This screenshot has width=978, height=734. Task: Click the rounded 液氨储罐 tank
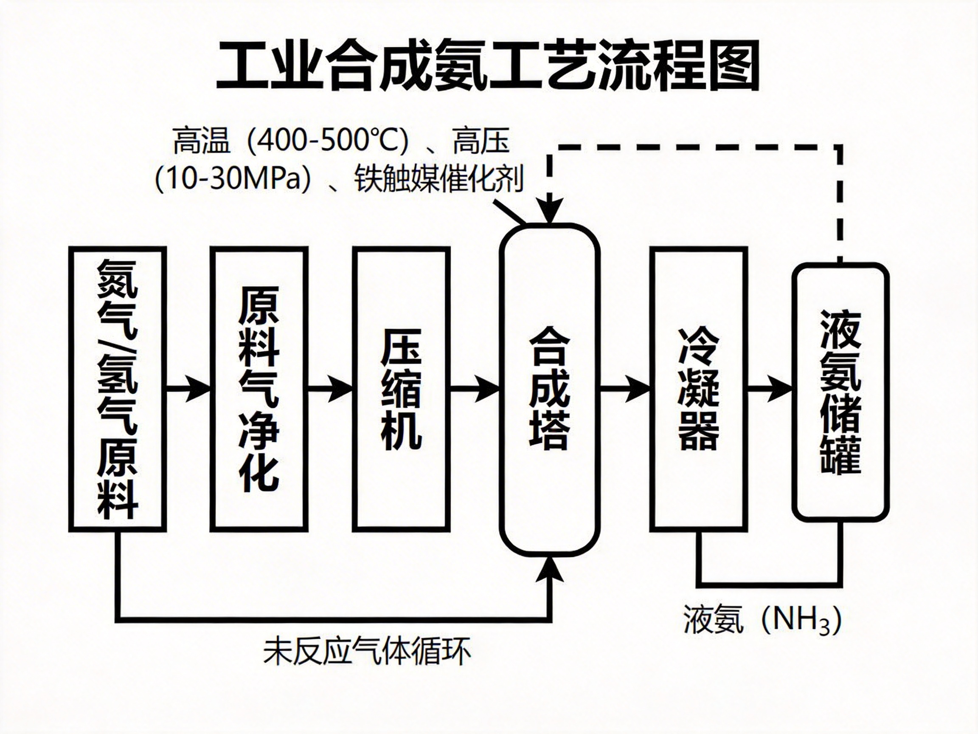point(840,391)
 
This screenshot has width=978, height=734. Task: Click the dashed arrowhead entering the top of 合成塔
point(550,211)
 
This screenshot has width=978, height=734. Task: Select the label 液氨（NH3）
point(763,620)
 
